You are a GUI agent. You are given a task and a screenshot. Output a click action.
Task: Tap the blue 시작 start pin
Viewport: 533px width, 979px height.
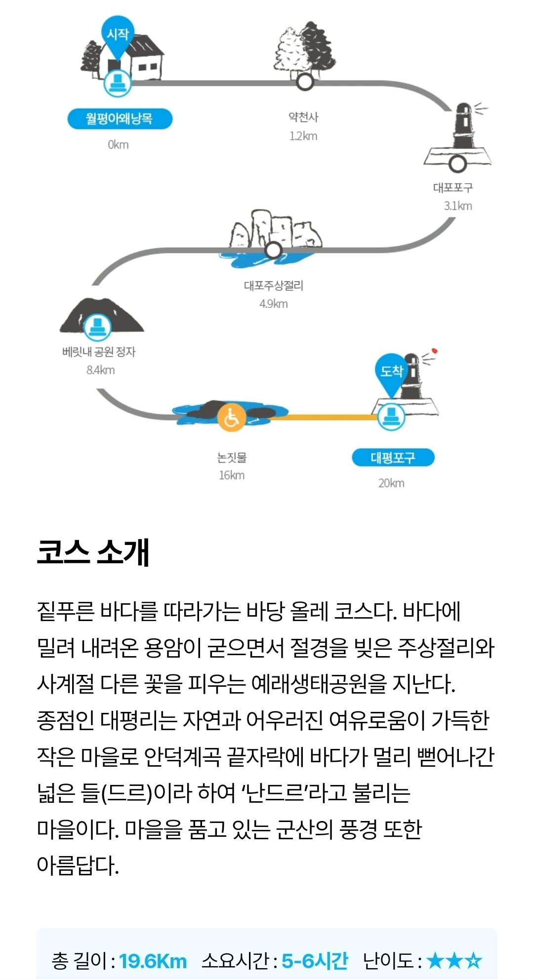tap(118, 36)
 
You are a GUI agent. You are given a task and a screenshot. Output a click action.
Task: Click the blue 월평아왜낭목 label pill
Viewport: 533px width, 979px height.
tap(120, 119)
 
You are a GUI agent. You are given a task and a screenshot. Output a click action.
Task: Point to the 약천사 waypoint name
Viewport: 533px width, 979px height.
tap(303, 117)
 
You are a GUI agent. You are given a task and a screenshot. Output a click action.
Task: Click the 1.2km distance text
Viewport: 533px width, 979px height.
tap(303, 136)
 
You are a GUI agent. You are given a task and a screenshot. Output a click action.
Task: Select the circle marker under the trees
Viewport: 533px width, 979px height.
tap(305, 82)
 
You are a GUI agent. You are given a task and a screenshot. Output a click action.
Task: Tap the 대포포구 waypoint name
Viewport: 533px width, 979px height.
tap(452, 188)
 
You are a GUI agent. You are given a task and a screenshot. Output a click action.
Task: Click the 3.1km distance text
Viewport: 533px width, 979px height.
tap(457, 206)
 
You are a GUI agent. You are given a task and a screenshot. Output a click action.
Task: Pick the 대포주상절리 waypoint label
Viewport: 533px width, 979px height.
tap(273, 285)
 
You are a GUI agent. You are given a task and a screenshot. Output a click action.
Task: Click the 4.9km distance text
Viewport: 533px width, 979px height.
tap(273, 304)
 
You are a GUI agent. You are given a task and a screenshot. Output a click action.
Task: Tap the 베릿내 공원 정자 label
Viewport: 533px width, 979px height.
tap(99, 352)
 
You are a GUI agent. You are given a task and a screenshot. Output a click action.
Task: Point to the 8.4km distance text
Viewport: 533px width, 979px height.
tap(100, 370)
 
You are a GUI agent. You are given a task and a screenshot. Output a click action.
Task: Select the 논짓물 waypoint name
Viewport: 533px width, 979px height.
tap(231, 458)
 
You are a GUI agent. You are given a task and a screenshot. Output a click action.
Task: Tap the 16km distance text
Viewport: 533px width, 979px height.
tap(231, 475)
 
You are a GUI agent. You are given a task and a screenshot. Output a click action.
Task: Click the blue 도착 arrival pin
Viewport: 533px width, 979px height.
tap(391, 371)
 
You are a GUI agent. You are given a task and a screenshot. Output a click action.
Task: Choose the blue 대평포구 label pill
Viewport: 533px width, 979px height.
tap(393, 458)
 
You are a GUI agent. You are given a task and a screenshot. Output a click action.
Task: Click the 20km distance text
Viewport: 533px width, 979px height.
tap(391, 483)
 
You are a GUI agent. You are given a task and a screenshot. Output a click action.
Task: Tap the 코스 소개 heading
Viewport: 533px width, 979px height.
tap(93, 552)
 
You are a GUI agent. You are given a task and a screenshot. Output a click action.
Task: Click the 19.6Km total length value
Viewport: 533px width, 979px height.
tap(153, 961)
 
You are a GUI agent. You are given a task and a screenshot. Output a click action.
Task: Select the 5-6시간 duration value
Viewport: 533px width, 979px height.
tap(315, 961)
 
